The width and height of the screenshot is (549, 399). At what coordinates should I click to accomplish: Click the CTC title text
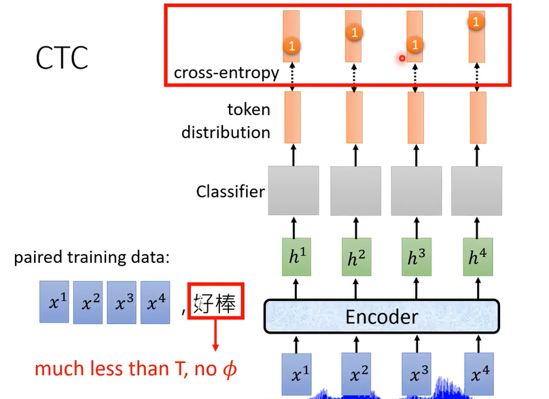pos(62,59)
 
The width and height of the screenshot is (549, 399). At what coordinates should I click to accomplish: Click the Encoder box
pos(381,317)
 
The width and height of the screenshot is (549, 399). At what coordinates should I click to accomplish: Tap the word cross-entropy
pos(226,73)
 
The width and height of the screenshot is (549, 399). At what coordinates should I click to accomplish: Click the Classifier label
pos(230,191)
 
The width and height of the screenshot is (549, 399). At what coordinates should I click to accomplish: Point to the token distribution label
pos(226,121)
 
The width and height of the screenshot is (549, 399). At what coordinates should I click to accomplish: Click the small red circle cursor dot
pos(402,59)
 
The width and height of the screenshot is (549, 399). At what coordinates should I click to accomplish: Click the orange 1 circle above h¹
pos(292,46)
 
